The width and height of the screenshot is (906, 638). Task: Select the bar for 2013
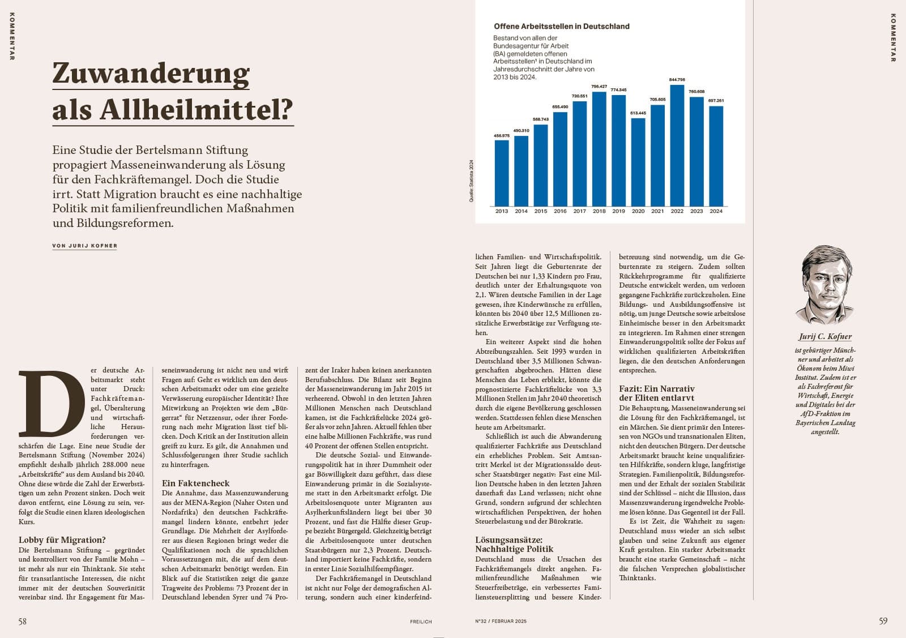501,173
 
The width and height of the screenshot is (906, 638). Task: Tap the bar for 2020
638,162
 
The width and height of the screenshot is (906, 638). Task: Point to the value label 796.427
599,87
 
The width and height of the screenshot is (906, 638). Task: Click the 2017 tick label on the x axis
579,211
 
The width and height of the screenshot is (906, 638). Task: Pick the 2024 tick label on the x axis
716,211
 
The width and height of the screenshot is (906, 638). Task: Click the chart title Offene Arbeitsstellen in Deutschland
561,26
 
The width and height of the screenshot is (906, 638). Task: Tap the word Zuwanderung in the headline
151,74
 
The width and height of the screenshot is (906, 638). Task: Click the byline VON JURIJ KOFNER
84,246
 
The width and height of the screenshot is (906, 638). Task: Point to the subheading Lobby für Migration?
62,540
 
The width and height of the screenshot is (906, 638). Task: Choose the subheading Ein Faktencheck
195,483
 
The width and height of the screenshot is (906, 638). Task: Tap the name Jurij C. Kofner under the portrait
825,336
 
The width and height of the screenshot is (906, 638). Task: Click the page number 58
23,621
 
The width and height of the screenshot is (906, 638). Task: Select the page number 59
883,621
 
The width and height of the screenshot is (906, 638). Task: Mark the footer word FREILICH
421,622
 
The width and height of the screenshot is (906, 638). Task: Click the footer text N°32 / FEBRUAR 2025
501,622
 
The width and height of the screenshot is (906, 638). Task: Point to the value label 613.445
638,113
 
